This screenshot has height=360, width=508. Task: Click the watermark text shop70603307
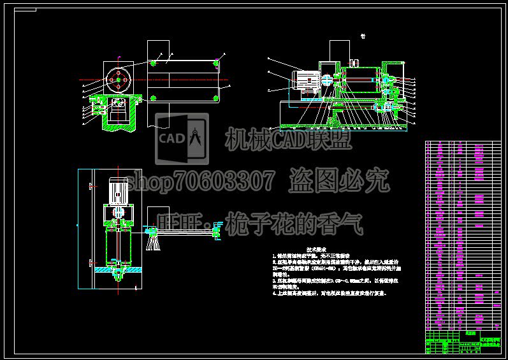(x=201, y=182)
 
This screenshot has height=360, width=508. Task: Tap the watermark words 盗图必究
(x=338, y=182)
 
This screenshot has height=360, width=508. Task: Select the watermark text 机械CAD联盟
(x=287, y=138)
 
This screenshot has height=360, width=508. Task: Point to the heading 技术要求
(x=316, y=249)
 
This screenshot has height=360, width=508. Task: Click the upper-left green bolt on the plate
(x=154, y=63)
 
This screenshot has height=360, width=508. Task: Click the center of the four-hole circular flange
(x=118, y=80)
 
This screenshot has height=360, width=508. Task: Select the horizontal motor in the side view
(x=305, y=78)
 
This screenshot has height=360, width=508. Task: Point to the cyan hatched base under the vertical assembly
(x=117, y=271)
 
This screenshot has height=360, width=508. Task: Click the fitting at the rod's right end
(x=217, y=231)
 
